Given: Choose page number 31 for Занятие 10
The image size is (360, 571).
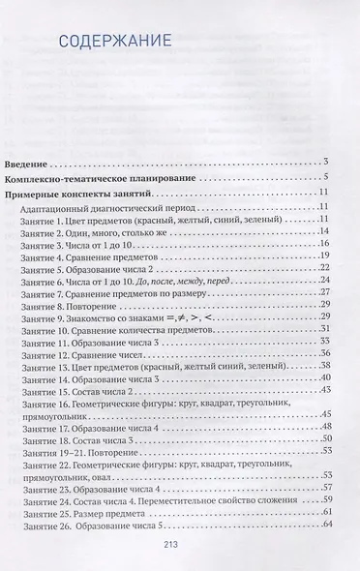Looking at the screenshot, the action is (325, 331).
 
